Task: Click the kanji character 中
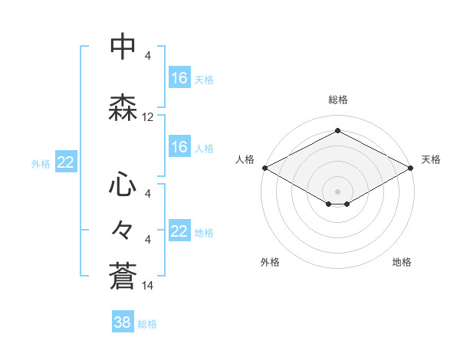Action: coord(123,48)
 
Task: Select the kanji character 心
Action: coord(123,185)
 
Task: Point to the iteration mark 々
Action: coord(123,230)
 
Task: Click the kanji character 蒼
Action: coord(123,275)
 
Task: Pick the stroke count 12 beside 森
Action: coord(148,117)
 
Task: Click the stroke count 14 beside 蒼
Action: coord(148,286)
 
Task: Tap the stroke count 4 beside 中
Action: coord(147,57)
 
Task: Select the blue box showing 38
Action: coord(123,322)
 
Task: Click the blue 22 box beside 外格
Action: coord(65,162)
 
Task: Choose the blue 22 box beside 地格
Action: coord(179,231)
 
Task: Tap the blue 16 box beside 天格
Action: coord(179,78)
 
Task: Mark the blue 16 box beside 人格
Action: coord(179,147)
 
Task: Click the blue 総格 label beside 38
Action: coord(147,323)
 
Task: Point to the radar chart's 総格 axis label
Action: coord(337,100)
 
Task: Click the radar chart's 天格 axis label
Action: coord(431,159)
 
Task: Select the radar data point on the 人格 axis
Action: coord(264,168)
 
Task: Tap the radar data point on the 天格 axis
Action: coord(412,168)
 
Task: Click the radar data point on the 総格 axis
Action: coord(337,131)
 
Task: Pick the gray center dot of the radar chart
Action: coord(337,191)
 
